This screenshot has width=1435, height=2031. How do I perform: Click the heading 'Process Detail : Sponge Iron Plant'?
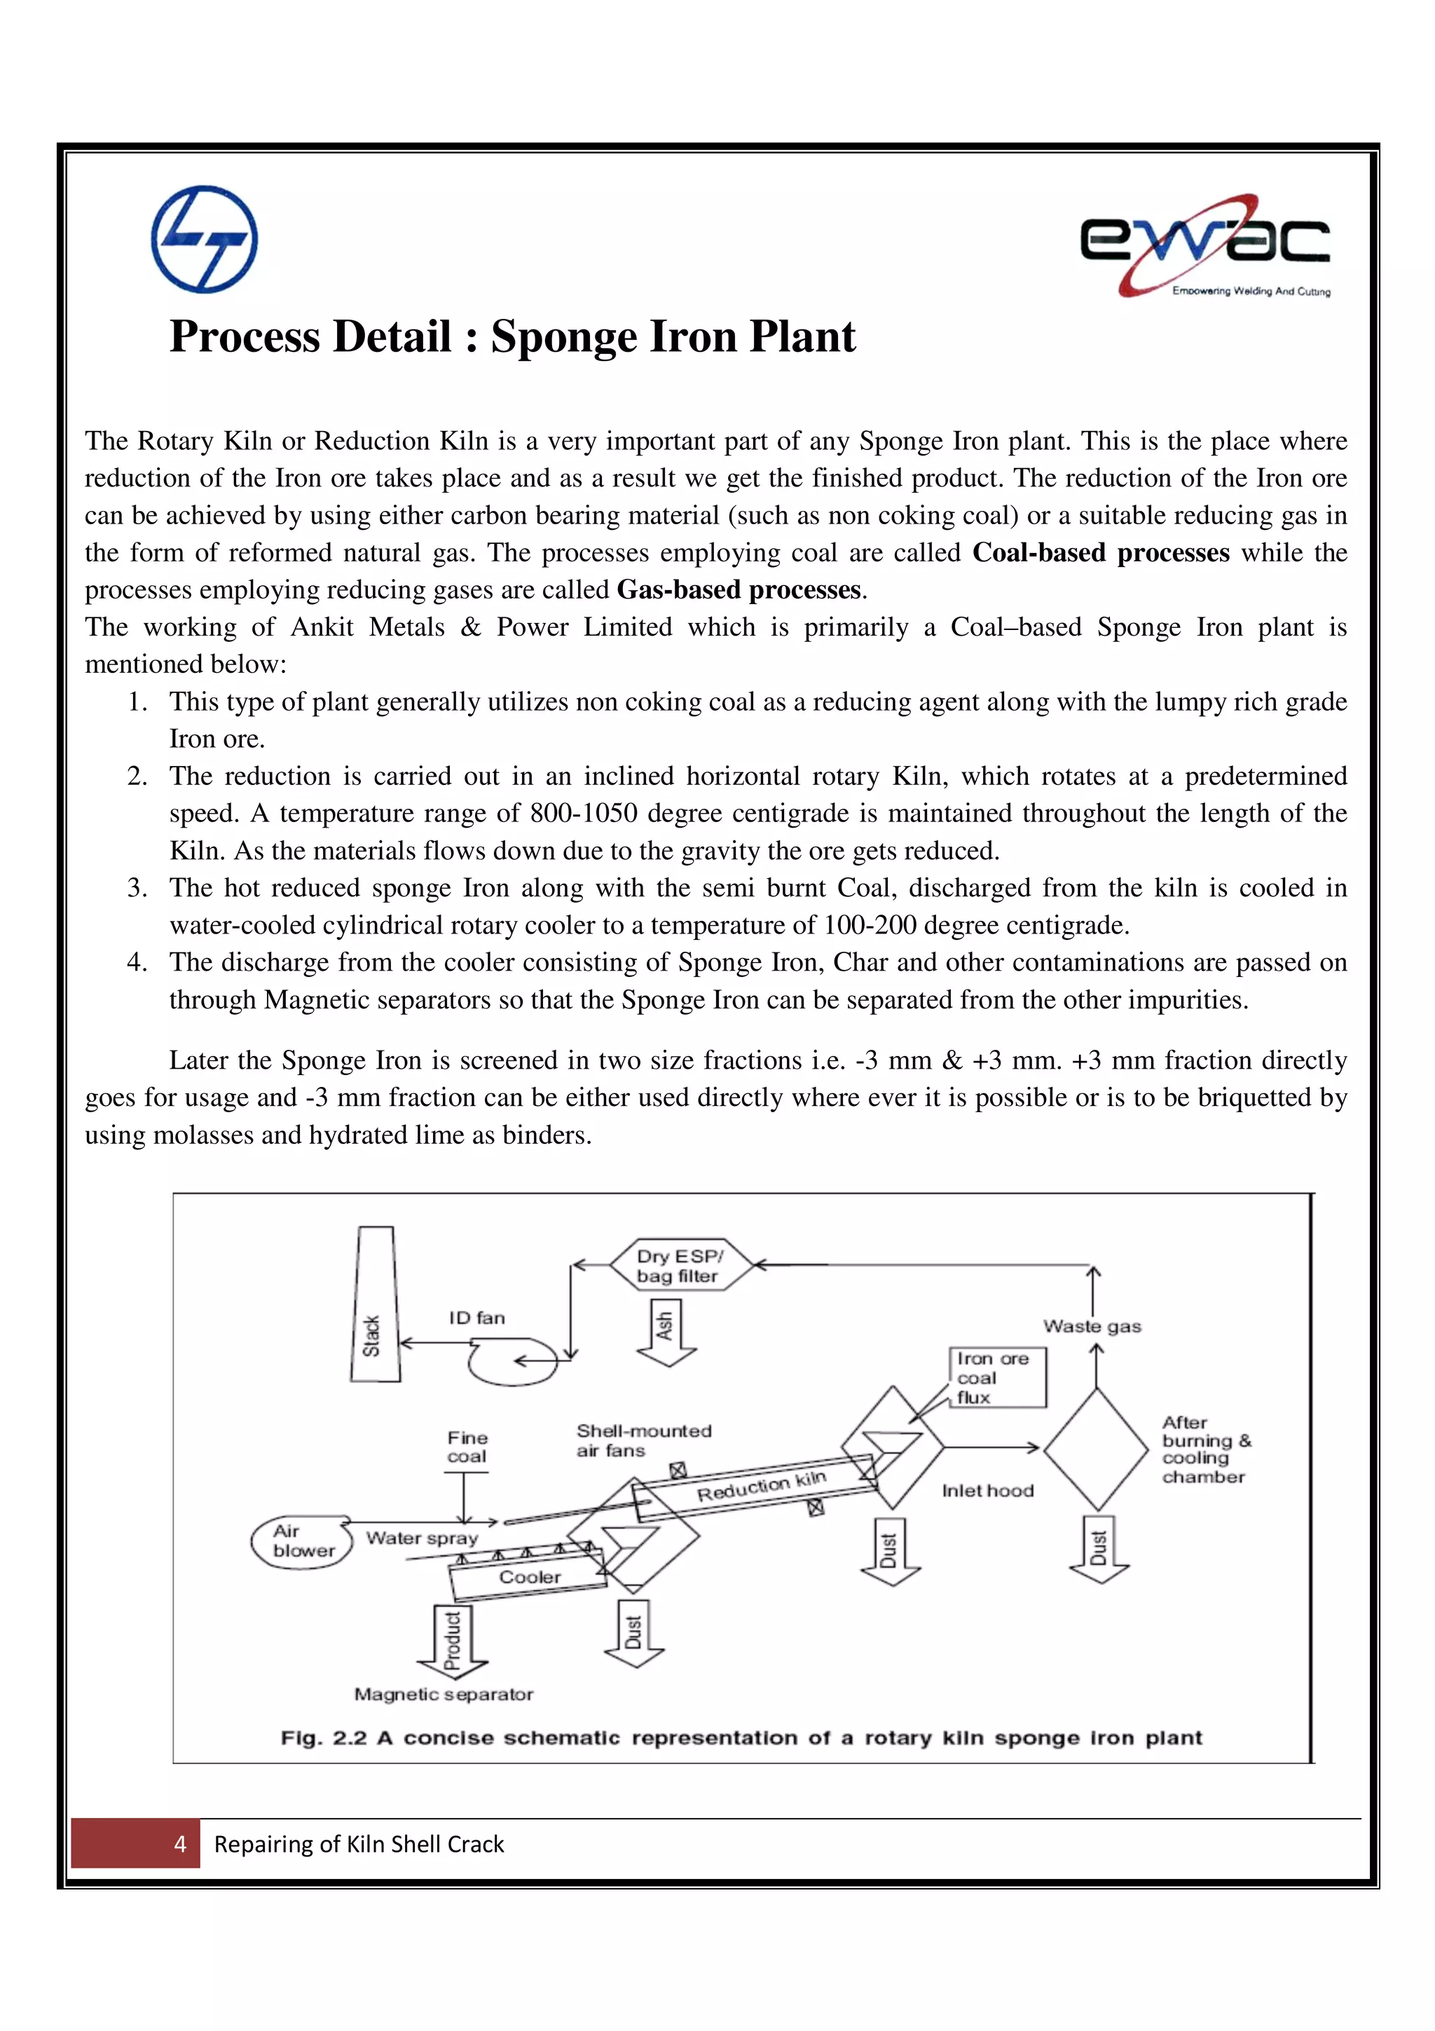click(512, 337)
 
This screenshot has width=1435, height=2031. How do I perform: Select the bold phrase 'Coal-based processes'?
click(1100, 553)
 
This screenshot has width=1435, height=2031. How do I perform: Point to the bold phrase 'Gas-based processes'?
click(739, 590)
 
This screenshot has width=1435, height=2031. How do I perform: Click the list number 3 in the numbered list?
click(137, 887)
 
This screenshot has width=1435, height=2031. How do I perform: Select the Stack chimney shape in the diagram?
click(374, 1304)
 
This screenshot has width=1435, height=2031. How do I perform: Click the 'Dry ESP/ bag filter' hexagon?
click(679, 1266)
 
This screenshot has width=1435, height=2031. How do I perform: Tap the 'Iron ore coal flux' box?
click(997, 1377)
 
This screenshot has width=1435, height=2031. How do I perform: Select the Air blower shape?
click(301, 1541)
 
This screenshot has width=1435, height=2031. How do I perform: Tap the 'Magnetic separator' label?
click(444, 1694)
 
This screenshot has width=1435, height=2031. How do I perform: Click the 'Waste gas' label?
click(1092, 1326)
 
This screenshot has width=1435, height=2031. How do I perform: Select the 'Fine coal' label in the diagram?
click(467, 1447)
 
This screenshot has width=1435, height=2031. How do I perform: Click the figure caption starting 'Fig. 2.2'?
click(741, 1738)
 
